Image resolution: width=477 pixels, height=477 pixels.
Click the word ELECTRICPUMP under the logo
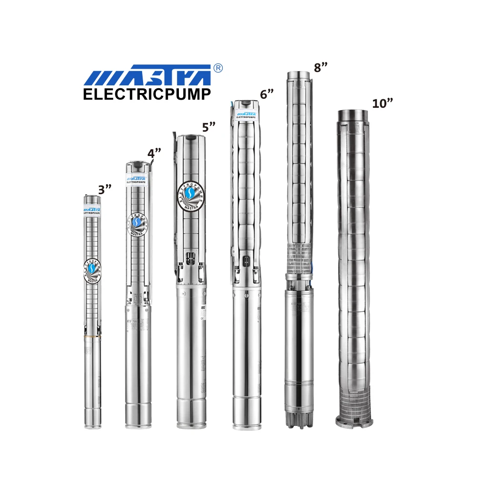click(147, 94)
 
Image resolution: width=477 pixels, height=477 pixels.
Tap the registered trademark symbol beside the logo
click(218, 68)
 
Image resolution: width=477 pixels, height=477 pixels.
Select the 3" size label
click(104, 189)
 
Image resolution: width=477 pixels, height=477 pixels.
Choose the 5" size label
click(209, 127)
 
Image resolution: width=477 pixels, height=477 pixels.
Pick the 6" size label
click(267, 94)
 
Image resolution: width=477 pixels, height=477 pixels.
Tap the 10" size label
click(382, 104)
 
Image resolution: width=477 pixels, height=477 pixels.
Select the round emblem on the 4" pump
click(137, 223)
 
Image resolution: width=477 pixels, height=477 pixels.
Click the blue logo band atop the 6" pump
click(246, 114)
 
